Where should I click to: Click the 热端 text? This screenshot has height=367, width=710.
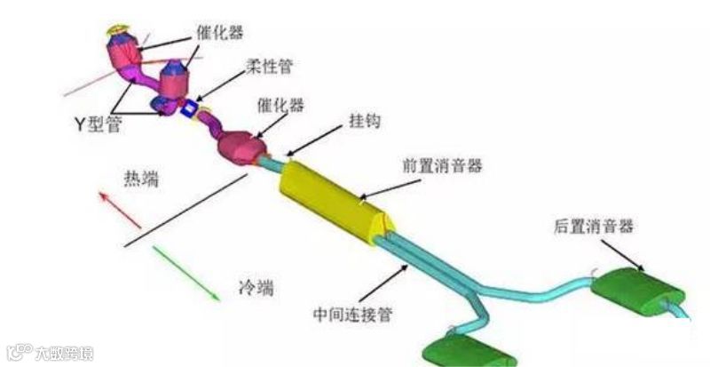tap(139, 180)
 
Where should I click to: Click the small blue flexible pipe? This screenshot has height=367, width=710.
tap(188, 111)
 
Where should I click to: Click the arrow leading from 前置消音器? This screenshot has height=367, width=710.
tap(390, 187)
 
